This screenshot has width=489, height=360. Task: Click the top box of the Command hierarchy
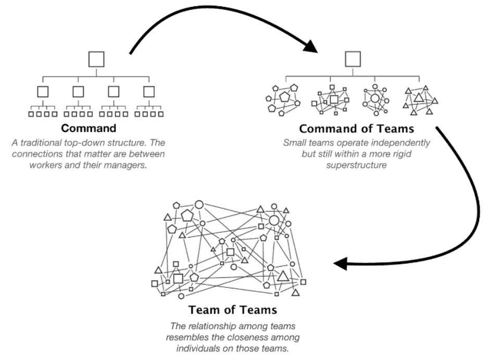(x=96, y=59)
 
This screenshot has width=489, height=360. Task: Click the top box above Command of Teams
(x=353, y=59)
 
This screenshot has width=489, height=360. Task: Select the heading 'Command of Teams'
(x=356, y=129)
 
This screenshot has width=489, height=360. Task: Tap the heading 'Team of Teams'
(x=233, y=310)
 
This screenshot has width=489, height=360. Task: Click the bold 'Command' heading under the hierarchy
(x=89, y=128)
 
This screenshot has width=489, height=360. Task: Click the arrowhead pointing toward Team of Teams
(x=341, y=264)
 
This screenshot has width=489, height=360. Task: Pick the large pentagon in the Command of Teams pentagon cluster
(x=284, y=97)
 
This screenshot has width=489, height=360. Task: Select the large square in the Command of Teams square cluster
(x=334, y=99)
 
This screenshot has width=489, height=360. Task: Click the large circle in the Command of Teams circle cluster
(x=375, y=98)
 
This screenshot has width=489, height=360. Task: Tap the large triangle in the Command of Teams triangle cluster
(x=419, y=98)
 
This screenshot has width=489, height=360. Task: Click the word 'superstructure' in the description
(x=356, y=165)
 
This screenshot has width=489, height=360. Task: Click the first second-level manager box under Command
(x=43, y=92)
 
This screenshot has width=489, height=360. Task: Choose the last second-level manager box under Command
(x=149, y=92)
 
